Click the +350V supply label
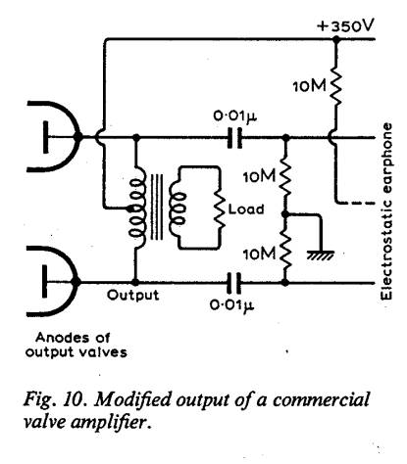click(x=344, y=25)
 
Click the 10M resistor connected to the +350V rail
click(x=335, y=85)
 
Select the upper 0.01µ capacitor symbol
click(x=234, y=138)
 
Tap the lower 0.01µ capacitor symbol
click(x=234, y=282)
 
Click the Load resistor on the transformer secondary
click(x=220, y=209)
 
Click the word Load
click(x=246, y=209)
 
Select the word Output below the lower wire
click(x=133, y=296)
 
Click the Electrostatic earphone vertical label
click(x=387, y=211)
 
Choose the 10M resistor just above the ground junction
click(x=285, y=176)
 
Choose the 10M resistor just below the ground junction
click(x=285, y=254)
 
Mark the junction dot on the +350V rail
click(x=335, y=39)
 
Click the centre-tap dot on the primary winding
click(x=130, y=208)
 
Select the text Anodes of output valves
click(x=76, y=345)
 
